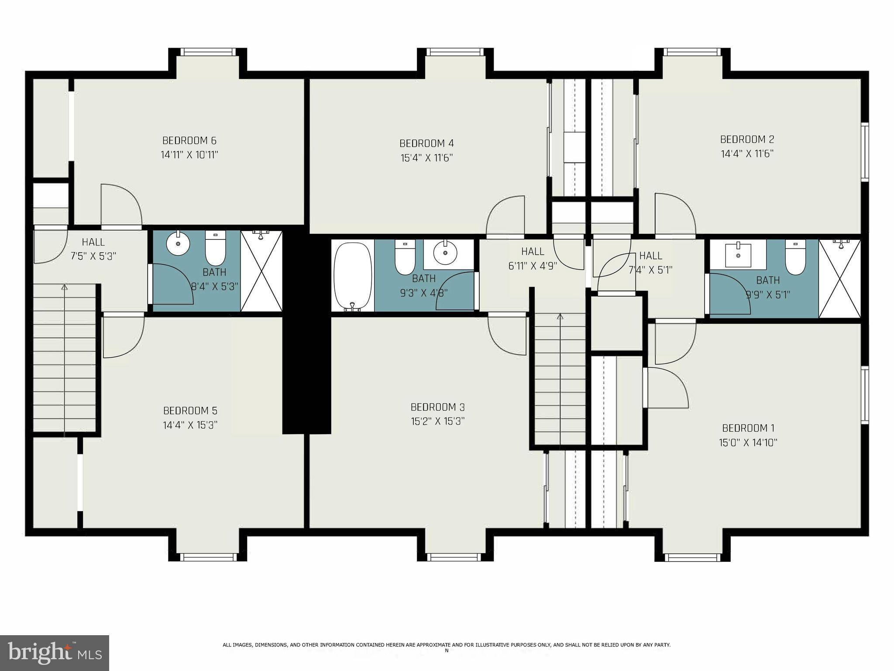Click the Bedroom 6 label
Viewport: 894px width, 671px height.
(189, 141)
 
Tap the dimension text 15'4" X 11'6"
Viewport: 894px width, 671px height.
(426, 158)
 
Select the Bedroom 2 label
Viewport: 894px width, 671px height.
(747, 139)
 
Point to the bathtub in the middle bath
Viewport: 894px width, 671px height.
(352, 277)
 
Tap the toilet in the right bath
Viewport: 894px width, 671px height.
(795, 258)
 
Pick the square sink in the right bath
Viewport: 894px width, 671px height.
(738, 255)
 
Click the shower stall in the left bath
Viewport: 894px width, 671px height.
(261, 272)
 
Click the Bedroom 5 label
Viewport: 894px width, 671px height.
(190, 411)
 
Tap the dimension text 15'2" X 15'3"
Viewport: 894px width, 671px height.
(437, 421)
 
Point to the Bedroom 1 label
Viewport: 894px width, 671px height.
(748, 428)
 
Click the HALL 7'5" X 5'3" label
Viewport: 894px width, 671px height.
(93, 249)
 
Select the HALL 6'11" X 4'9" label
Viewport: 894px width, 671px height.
(533, 258)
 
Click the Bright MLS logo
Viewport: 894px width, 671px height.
(55, 653)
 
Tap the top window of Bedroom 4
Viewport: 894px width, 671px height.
(455, 52)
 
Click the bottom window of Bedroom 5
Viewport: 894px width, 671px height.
(208, 557)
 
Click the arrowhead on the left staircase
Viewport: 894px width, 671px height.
(65, 287)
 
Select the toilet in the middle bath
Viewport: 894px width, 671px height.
(405, 258)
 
